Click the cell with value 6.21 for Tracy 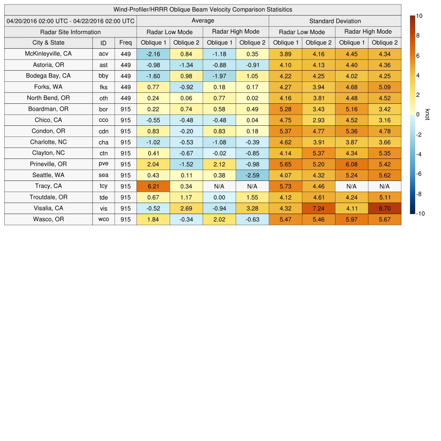[153, 186]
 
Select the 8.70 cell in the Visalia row [384, 208]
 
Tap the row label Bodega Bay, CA [48, 76]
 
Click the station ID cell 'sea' [103, 175]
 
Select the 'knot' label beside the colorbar [428, 115]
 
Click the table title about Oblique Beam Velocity [202, 9]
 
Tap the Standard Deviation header [335, 21]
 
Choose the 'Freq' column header [126, 43]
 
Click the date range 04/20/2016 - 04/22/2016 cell [71, 21]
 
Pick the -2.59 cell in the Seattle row [252, 175]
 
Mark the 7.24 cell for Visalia [318, 208]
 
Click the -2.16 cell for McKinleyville [153, 54]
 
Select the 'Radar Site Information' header [71, 32]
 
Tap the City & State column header [48, 43]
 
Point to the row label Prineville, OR [48, 164]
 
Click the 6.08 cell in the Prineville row [351, 164]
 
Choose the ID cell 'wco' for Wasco [103, 220]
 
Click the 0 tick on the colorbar [417, 115]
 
